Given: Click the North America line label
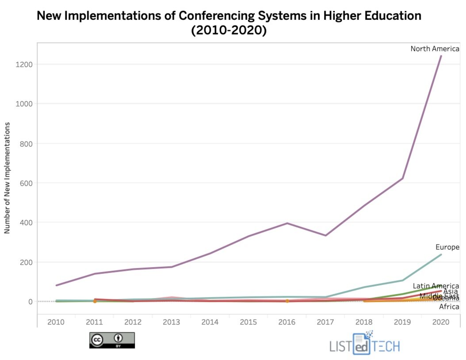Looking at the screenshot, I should (x=435, y=49).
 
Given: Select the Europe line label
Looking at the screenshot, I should (x=447, y=247).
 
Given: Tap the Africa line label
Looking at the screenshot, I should (x=449, y=307).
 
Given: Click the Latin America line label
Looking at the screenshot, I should (x=435, y=286).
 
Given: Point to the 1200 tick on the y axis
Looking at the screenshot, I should (x=25, y=64).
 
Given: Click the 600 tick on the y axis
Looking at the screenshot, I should (x=27, y=183).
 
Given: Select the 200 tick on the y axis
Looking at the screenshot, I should (x=27, y=262).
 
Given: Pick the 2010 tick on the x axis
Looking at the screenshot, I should (x=56, y=322).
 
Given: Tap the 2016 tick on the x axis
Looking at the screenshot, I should (x=287, y=322).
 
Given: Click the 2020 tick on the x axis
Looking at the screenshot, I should (x=441, y=322).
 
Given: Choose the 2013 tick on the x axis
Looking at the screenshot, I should (x=172, y=322).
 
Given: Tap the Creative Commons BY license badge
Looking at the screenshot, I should (x=112, y=340).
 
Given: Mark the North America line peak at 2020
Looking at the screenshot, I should (x=441, y=56).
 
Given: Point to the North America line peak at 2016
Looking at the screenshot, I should (x=287, y=223).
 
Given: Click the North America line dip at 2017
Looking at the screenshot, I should (x=325, y=235).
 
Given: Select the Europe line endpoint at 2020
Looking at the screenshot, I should (x=441, y=254).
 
